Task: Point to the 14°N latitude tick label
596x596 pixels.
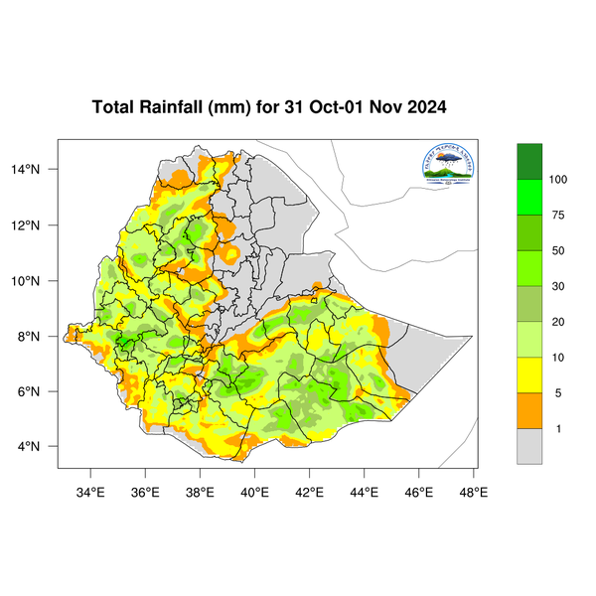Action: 37,170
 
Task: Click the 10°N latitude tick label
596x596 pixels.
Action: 37,281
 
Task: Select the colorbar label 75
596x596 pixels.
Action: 558,216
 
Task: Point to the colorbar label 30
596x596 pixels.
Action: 558,287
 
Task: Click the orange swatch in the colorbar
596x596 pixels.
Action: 529,411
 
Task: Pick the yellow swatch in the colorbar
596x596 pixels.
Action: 529,375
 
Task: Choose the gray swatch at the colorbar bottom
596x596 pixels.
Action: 529,446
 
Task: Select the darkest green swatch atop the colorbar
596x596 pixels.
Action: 529,161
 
